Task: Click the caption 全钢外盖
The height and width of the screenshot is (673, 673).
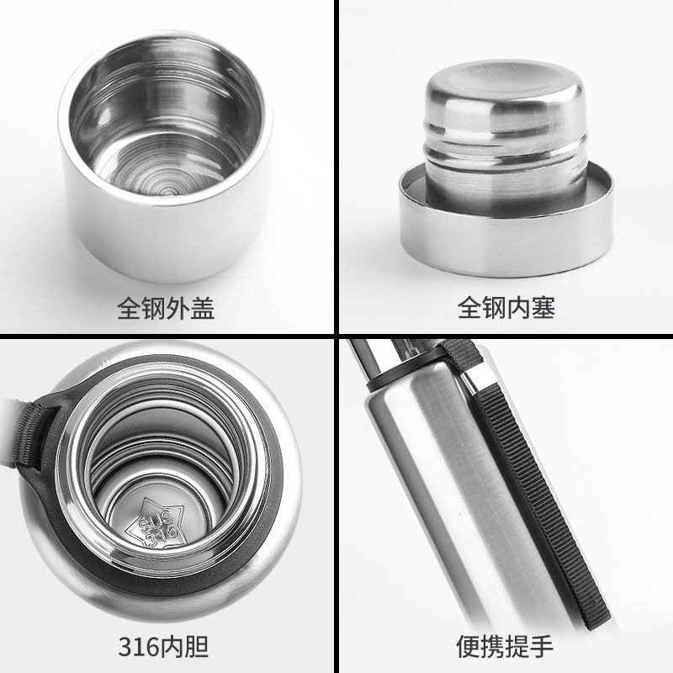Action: pyautogui.click(x=166, y=308)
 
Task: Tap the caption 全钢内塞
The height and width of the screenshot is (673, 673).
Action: pyautogui.click(x=506, y=308)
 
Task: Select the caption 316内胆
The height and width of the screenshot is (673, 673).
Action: pyautogui.click(x=163, y=647)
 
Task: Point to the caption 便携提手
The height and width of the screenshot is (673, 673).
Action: pyautogui.click(x=505, y=646)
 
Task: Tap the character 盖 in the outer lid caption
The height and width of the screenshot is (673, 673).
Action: pyautogui.click(x=203, y=308)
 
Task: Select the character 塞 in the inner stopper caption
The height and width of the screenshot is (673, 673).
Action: pyautogui.click(x=543, y=308)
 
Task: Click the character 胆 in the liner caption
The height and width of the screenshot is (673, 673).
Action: pyautogui.click(x=198, y=647)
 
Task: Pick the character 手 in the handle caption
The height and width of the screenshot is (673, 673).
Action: pyautogui.click(x=542, y=646)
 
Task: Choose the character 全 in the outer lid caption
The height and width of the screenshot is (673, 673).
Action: pyautogui.click(x=130, y=308)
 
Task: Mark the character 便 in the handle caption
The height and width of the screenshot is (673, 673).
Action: pyautogui.click(x=468, y=646)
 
